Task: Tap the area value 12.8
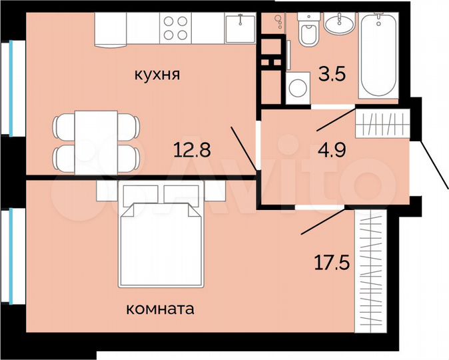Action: (x=193, y=149)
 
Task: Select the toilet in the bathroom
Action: (x=308, y=31)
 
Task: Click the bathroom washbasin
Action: (x=340, y=25)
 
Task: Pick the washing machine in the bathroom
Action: (x=298, y=88)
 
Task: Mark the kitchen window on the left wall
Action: (x=12, y=87)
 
